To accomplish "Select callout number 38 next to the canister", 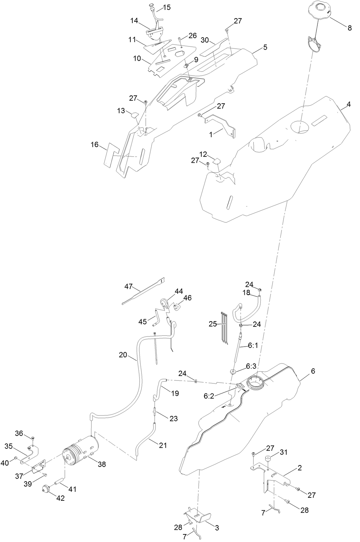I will pos(102,464).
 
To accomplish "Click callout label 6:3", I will pos(251,366).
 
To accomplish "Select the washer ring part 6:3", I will pos(233,371).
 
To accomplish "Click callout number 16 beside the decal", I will pos(95,145).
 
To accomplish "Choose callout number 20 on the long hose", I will pos(123,355).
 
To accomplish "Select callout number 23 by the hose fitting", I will pos(174,419).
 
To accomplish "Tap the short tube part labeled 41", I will pos(58,484).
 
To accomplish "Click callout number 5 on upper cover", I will pos(265,47).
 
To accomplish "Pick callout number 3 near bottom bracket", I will pos(217,528).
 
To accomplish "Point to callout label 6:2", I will pos(209,396).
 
